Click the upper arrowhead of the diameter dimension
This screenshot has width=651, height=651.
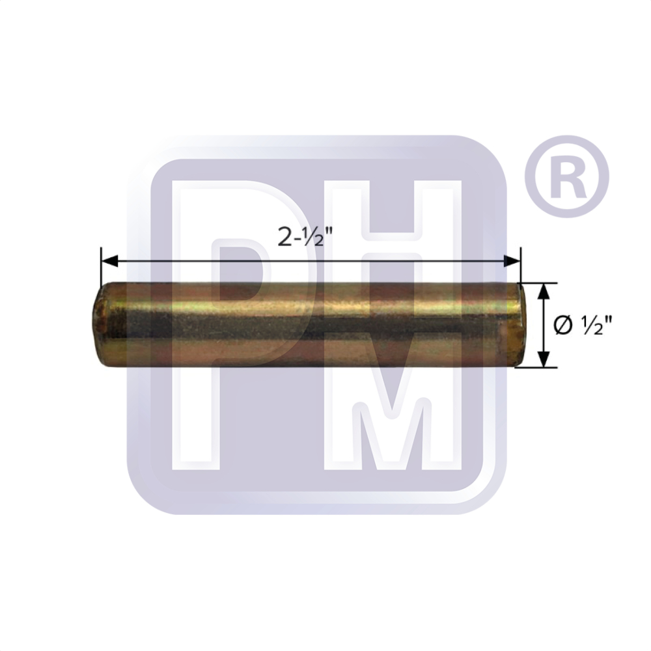point(545,290)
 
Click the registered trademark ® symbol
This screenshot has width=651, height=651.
point(565,176)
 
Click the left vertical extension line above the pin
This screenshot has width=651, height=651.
point(101,267)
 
